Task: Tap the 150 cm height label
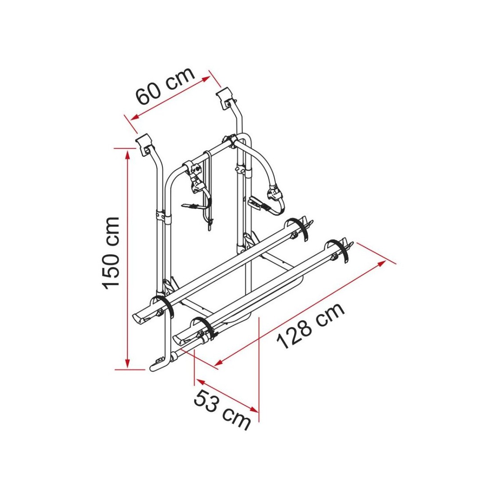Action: pos(111,253)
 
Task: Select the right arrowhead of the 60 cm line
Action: pos(206,79)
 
